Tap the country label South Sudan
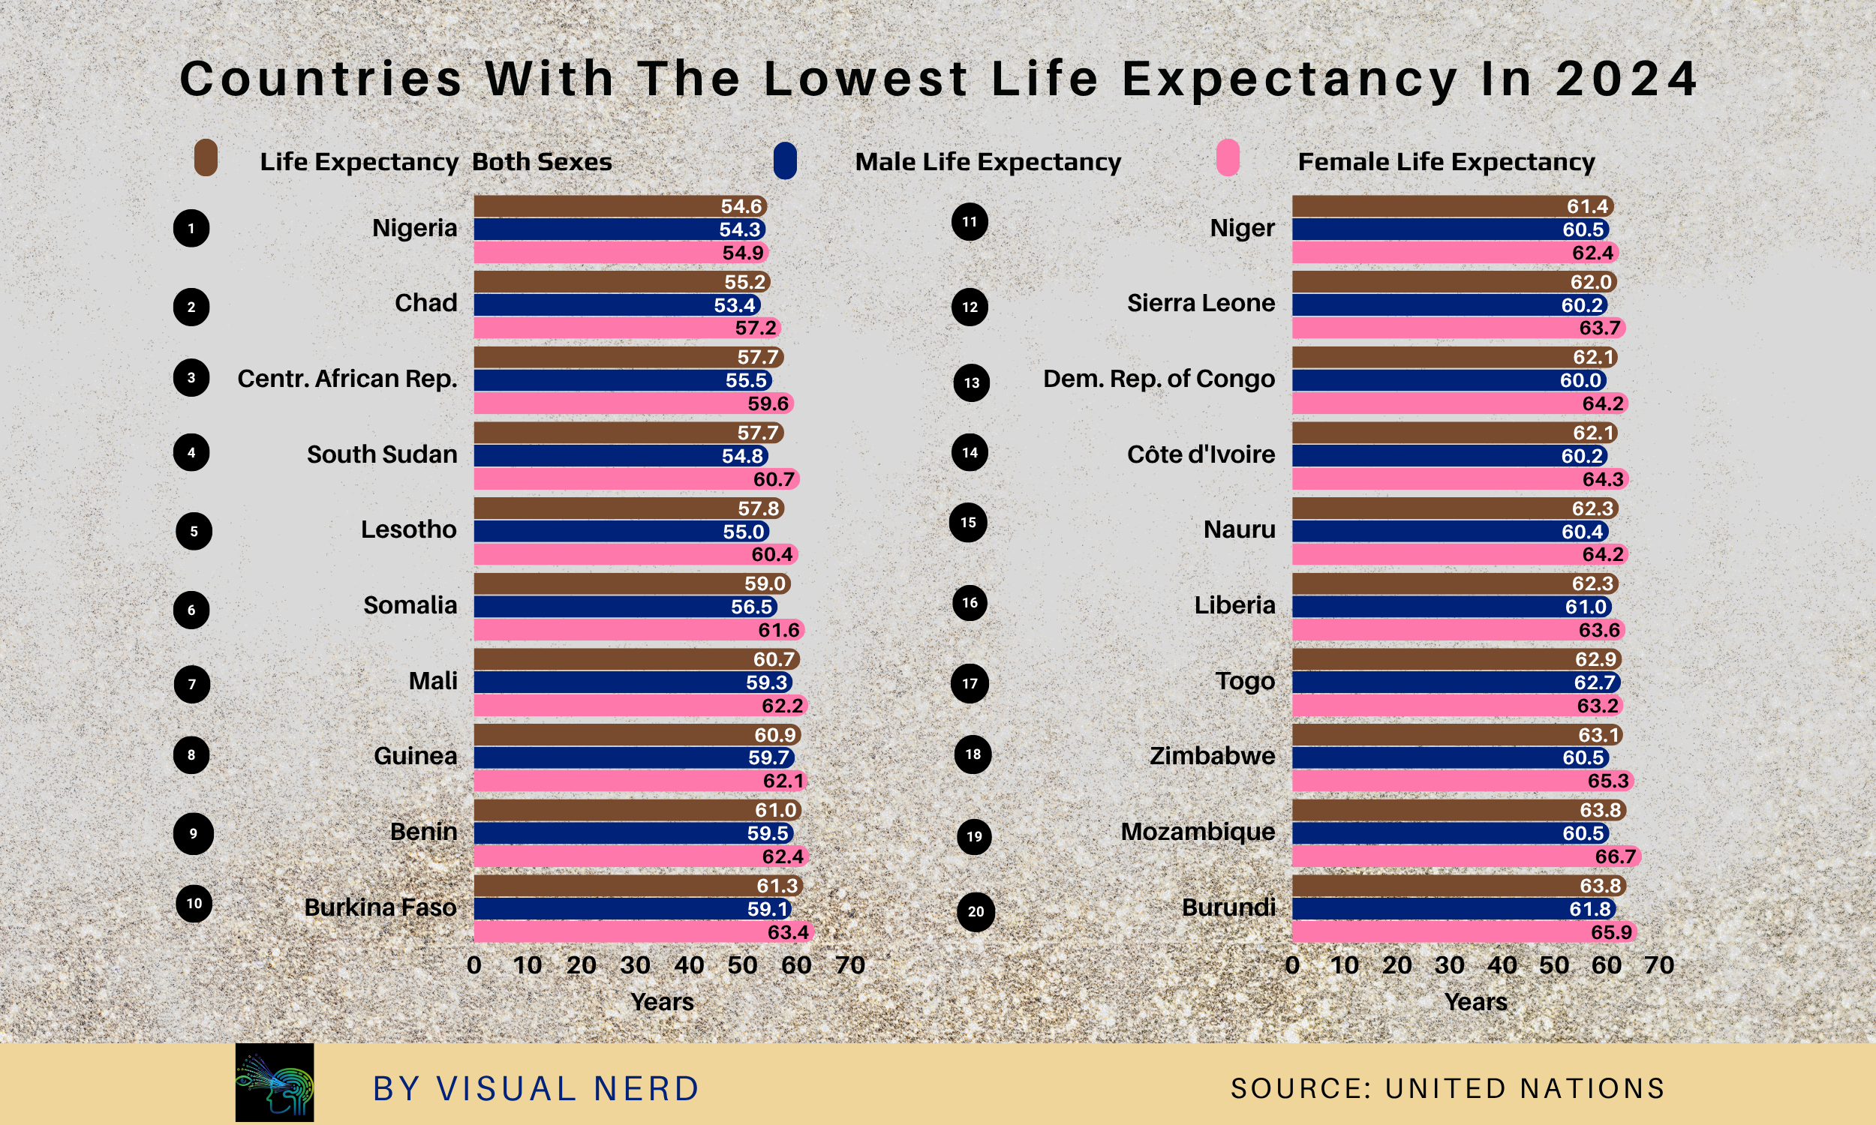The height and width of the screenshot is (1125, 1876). tap(381, 454)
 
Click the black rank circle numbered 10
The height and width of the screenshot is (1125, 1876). tap(194, 903)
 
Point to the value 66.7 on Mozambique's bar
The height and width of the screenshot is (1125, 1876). tap(1615, 856)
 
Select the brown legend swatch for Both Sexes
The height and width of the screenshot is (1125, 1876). tap(206, 157)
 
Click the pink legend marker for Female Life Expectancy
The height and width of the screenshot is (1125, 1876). tap(1227, 157)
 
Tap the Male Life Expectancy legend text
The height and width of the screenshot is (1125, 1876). tap(988, 161)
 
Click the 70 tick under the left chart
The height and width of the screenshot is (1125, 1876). tap(849, 965)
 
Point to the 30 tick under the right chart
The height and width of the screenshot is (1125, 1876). tap(1449, 965)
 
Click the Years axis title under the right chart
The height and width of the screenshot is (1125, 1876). tap(1475, 1001)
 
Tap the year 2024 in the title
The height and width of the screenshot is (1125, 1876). tap(1625, 78)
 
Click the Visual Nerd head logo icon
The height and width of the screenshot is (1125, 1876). tap(275, 1081)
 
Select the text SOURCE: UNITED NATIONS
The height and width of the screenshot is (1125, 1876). tap(1447, 1087)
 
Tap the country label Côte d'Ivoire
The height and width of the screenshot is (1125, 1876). tap(1201, 454)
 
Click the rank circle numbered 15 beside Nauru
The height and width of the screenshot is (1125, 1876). tap(968, 522)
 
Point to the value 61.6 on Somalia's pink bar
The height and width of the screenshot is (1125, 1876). tap(779, 630)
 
